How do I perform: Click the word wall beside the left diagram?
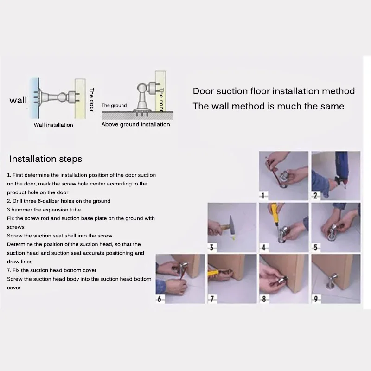(x=18, y=100)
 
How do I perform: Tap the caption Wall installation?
(x=53, y=125)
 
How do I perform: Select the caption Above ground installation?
(x=135, y=124)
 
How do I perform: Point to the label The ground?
(x=114, y=106)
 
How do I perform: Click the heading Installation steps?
(x=45, y=159)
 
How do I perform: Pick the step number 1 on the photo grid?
(x=263, y=196)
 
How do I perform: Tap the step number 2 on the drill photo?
(x=315, y=196)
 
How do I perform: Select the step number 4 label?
(x=263, y=248)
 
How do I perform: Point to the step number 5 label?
(x=315, y=248)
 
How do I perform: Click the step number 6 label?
(x=159, y=299)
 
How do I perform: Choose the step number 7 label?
(x=212, y=299)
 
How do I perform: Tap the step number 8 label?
(x=264, y=299)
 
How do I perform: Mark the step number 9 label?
(x=316, y=299)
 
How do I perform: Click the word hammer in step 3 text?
(x=19, y=210)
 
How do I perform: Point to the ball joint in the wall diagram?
(x=62, y=97)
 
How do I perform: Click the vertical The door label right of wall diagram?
(x=91, y=100)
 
